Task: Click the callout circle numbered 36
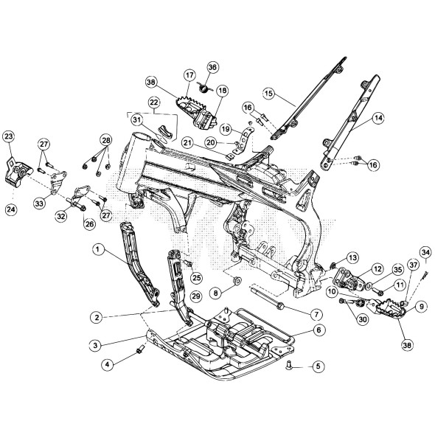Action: [213, 67]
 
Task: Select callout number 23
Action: [9, 136]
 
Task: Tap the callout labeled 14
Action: [378, 118]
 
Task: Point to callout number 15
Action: [268, 93]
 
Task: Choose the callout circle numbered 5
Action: [319, 366]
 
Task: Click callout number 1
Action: [97, 249]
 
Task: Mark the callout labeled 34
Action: [426, 253]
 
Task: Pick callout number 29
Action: [196, 296]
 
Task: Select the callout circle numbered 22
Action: [154, 102]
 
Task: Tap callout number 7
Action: [316, 315]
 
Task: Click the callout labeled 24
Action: [11, 209]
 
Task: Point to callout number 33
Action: [39, 204]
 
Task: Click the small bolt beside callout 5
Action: [288, 366]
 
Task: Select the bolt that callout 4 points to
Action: [141, 349]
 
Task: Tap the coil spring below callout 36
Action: [204, 88]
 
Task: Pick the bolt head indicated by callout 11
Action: [377, 292]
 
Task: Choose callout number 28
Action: [106, 140]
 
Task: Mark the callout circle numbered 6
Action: [319, 330]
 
